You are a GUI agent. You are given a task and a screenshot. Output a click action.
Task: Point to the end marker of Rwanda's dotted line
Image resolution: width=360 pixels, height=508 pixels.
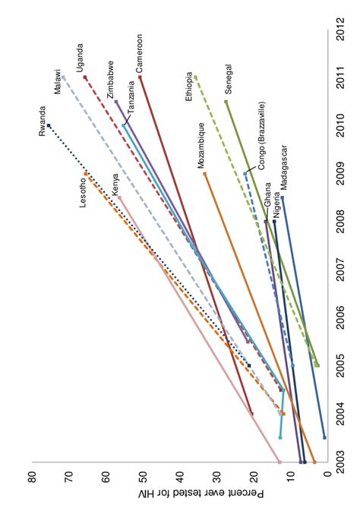pos(49,125)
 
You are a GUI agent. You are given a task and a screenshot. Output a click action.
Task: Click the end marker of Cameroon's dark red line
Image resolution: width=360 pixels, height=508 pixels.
pos(141,77)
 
